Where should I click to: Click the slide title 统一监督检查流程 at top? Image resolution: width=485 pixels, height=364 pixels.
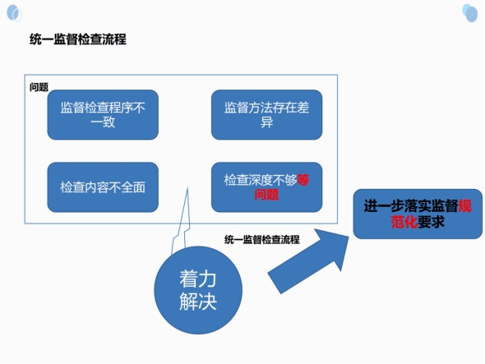point(78,39)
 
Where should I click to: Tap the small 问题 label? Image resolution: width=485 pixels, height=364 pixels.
point(39,87)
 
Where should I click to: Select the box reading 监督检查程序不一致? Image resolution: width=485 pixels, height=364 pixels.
point(103,115)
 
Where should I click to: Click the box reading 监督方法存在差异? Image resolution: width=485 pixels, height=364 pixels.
point(266,115)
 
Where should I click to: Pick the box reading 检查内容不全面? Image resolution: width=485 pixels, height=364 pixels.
point(103,187)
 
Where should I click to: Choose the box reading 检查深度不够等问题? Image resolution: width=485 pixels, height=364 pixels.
point(266,187)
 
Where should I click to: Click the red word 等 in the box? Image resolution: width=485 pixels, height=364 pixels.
point(303,180)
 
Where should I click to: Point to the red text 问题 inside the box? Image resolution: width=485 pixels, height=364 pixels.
point(266,195)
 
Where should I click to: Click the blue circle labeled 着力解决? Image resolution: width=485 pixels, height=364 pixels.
point(198,290)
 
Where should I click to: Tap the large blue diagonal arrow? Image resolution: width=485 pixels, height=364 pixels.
point(309,260)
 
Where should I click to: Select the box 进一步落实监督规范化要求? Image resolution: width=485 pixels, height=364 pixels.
point(418,214)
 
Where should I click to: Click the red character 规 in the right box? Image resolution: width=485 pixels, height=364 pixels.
point(465,206)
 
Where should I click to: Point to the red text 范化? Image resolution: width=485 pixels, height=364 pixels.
point(404,222)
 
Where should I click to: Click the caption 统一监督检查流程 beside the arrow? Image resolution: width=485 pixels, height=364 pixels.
point(262,240)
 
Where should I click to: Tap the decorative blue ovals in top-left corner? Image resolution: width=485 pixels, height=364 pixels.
point(14,13)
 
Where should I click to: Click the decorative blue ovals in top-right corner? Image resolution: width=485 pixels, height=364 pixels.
point(470,12)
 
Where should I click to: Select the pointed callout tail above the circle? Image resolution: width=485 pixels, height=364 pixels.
point(181,221)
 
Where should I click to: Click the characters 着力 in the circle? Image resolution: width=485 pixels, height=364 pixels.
point(198,279)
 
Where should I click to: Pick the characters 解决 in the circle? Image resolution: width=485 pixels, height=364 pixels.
point(198,301)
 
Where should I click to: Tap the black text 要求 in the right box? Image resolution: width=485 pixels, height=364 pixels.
point(432,222)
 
